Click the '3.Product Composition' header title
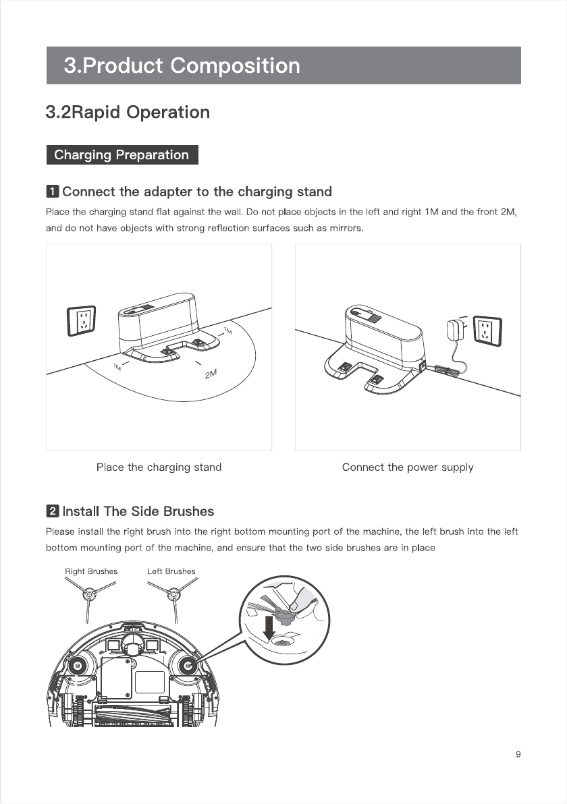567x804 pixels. pyautogui.click(x=182, y=65)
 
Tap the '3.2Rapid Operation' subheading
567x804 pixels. pyautogui.click(x=128, y=112)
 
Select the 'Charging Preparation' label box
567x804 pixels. pyautogui.click(x=122, y=155)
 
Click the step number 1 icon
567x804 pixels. pyautogui.click(x=52, y=192)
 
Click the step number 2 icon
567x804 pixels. pyautogui.click(x=52, y=511)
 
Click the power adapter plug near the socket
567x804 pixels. pyautogui.click(x=454, y=330)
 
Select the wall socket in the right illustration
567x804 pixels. pyautogui.click(x=486, y=331)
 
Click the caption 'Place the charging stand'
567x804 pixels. pyautogui.click(x=159, y=467)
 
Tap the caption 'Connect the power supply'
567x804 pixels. pyautogui.click(x=408, y=467)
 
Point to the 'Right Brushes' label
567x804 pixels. pyautogui.click(x=91, y=571)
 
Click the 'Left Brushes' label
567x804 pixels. pyautogui.click(x=171, y=571)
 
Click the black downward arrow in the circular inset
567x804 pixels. pyautogui.click(x=270, y=626)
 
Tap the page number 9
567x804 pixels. pyautogui.click(x=518, y=755)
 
